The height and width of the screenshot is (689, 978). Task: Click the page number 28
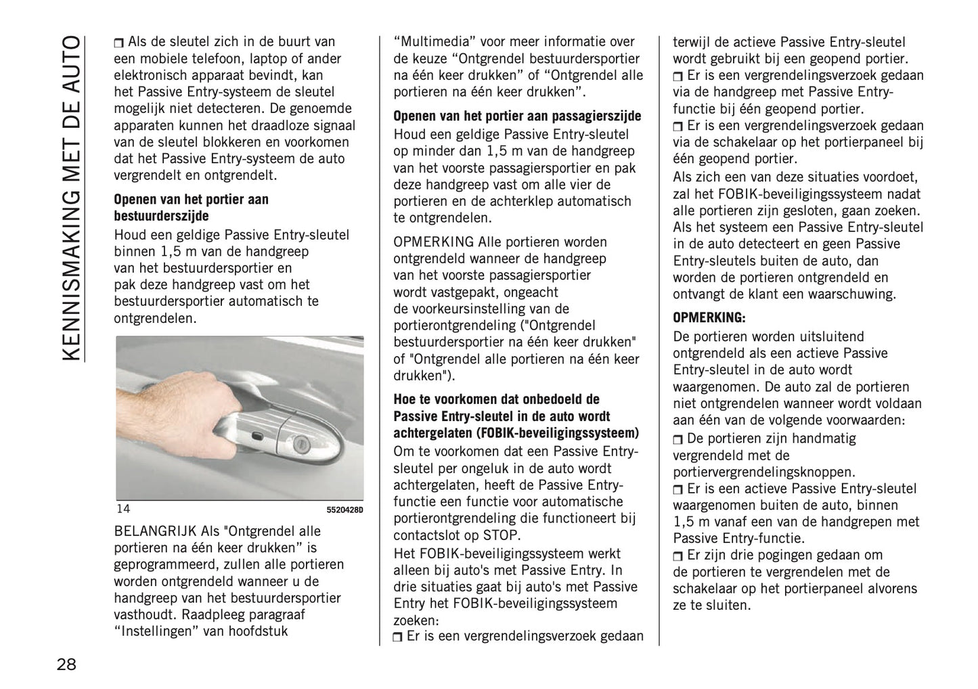point(66,664)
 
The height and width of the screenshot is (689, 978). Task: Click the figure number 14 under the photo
point(123,509)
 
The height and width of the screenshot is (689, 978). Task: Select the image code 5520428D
point(345,510)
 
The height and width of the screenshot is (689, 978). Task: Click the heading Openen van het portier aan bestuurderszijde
point(191,208)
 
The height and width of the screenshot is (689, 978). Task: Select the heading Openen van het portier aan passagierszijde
point(517,116)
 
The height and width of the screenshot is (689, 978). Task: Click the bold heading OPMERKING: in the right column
point(709,317)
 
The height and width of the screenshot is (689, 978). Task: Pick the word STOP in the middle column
point(503,535)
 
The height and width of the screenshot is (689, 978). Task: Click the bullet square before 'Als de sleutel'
point(119,43)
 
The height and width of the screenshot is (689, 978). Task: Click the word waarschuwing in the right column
point(854,294)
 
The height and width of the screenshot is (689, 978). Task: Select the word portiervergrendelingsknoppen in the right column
point(763,472)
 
